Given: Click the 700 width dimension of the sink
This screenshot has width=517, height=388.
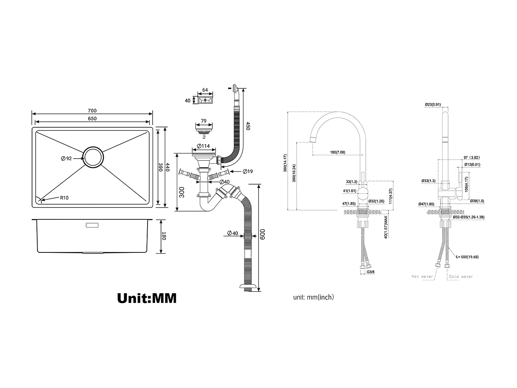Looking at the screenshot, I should [92, 111].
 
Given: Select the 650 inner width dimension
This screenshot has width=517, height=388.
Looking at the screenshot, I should [92, 119].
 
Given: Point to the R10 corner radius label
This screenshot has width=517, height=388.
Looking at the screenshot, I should [64, 198].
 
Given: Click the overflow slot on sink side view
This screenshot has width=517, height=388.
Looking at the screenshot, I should [92, 225].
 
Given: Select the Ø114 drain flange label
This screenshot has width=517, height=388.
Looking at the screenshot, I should [203, 146].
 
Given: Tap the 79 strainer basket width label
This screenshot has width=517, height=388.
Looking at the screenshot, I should [204, 121].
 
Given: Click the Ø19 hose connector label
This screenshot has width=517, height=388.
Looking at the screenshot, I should [247, 171].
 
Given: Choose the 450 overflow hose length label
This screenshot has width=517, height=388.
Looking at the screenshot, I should [248, 126].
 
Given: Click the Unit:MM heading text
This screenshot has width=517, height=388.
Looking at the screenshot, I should [147, 298].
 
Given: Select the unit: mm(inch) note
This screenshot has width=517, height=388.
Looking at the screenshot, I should [313, 297].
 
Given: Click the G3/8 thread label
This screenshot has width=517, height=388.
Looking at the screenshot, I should [371, 272].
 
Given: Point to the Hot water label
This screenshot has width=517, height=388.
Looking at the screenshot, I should [422, 277].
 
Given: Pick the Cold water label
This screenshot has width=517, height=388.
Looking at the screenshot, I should [461, 277].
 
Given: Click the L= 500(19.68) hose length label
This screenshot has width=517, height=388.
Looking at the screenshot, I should [467, 257].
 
